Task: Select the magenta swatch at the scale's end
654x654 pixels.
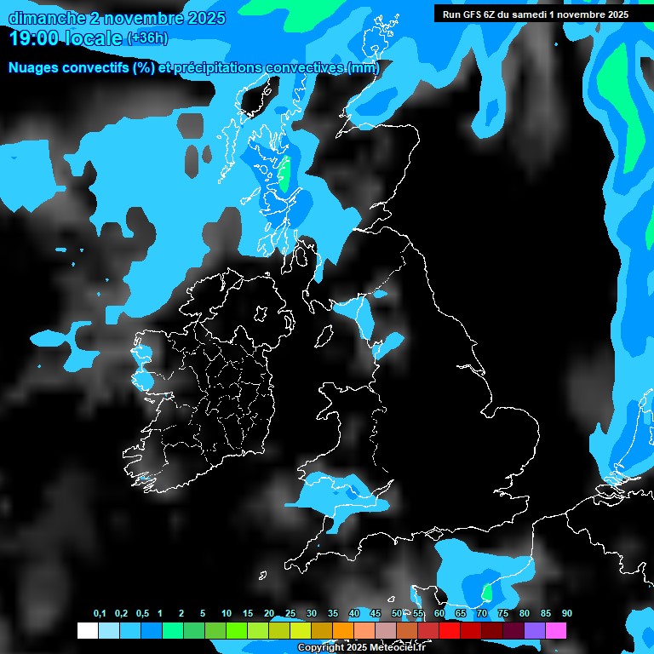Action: (x=556, y=630)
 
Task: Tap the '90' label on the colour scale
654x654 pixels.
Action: (x=567, y=613)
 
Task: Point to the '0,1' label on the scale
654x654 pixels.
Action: (x=100, y=613)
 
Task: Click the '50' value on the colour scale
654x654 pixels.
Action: (x=397, y=613)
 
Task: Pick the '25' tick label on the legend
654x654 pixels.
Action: (x=290, y=613)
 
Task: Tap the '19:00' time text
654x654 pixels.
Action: (x=33, y=38)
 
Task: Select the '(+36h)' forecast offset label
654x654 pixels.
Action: (x=147, y=38)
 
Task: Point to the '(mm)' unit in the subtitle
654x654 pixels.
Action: (x=364, y=67)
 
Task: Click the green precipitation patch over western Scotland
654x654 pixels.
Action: (x=284, y=174)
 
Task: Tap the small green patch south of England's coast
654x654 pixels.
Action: (x=487, y=591)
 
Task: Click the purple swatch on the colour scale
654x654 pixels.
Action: (x=535, y=630)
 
